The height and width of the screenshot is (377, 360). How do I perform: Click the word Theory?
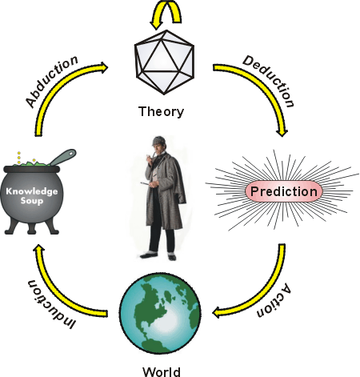pyautogui.click(x=161, y=112)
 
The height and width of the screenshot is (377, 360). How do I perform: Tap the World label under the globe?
pyautogui.click(x=162, y=372)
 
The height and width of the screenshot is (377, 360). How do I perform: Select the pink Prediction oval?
pyautogui.click(x=284, y=191)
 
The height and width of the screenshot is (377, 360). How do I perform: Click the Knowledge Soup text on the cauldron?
pyautogui.click(x=32, y=195)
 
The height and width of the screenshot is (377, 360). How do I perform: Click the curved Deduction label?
pyautogui.click(x=269, y=81)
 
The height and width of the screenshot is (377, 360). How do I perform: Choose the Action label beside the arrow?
pyautogui.click(x=274, y=300)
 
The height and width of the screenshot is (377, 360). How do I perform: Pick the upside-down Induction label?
pyautogui.click(x=50, y=304)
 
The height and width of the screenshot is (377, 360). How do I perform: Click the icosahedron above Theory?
pyautogui.click(x=164, y=62)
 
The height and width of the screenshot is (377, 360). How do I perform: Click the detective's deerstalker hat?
pyautogui.click(x=158, y=141)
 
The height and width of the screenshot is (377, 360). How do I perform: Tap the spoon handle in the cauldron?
pyautogui.click(x=63, y=157)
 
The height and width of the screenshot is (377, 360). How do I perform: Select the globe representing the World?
pyautogui.click(x=160, y=313)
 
